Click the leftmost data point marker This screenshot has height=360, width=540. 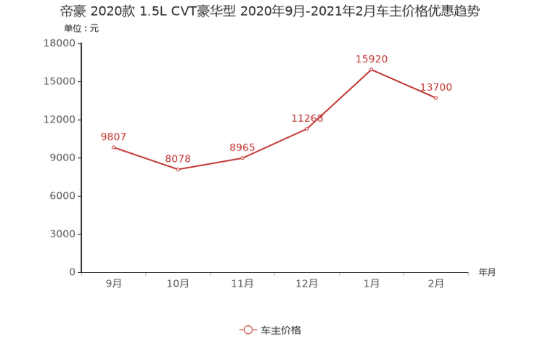(x=113, y=147)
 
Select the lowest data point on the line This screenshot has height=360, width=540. (x=178, y=169)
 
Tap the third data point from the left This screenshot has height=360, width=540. (x=242, y=157)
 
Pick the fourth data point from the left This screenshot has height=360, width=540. (x=307, y=129)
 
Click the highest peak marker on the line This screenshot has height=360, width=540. (x=372, y=70)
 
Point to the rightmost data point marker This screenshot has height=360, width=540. (x=436, y=98)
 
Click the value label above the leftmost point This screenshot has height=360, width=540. (x=113, y=136)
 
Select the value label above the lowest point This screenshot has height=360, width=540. (x=178, y=157)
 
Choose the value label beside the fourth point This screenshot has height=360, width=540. (x=306, y=118)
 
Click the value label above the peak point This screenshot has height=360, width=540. (x=372, y=58)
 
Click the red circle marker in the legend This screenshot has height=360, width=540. (x=248, y=330)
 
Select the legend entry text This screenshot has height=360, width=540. (x=281, y=330)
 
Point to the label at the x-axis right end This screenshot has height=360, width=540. (x=487, y=273)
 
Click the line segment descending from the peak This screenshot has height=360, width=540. (x=404, y=83)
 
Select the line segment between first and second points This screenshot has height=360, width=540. (x=145, y=158)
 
